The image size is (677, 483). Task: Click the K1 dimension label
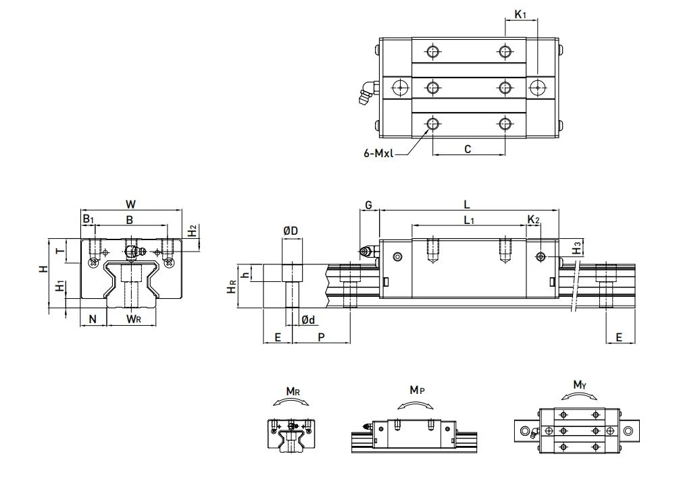click(520, 15)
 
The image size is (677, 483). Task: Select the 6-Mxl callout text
click(378, 154)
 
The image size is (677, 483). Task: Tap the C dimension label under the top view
click(468, 149)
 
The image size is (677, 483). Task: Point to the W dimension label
click(130, 204)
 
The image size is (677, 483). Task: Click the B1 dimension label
click(88, 219)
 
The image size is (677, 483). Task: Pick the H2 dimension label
click(192, 231)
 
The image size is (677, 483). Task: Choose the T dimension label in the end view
click(61, 250)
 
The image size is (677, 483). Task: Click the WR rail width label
click(133, 319)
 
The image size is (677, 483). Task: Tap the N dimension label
click(93, 319)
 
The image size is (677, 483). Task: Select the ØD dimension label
click(291, 231)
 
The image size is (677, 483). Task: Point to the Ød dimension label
click(308, 320)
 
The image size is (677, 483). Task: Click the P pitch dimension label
click(321, 337)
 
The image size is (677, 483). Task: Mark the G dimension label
click(368, 205)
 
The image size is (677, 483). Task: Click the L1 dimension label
click(470, 221)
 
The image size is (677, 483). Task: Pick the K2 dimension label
click(534, 220)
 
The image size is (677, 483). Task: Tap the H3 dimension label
click(576, 249)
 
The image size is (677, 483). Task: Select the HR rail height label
click(232, 286)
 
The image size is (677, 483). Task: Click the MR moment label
click(293, 391)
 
